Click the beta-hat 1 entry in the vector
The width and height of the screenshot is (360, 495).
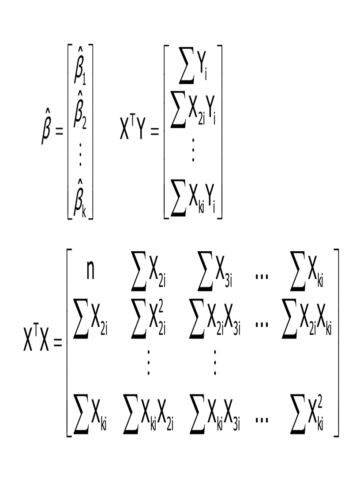(80, 71)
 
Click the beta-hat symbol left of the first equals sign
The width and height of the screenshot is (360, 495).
(47, 128)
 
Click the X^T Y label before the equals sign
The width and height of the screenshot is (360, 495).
(132, 130)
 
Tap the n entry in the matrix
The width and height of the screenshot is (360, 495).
(90, 272)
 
